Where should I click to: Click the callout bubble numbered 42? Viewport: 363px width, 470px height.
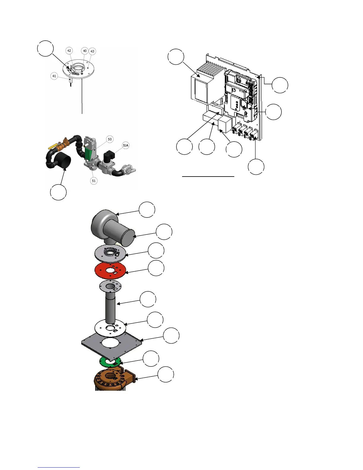pos(69,51)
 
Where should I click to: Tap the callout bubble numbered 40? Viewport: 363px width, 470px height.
pos(85,51)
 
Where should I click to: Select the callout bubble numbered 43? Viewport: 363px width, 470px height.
pos(92,51)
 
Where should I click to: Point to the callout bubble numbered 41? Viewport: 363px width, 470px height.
pos(54,76)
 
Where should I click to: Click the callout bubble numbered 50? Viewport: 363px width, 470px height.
pos(110,139)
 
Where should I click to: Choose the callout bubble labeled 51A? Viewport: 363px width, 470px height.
pos(126,145)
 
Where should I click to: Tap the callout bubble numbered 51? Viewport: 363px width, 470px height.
pos(94,181)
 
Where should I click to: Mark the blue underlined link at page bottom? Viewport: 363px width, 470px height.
pos(59,467)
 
